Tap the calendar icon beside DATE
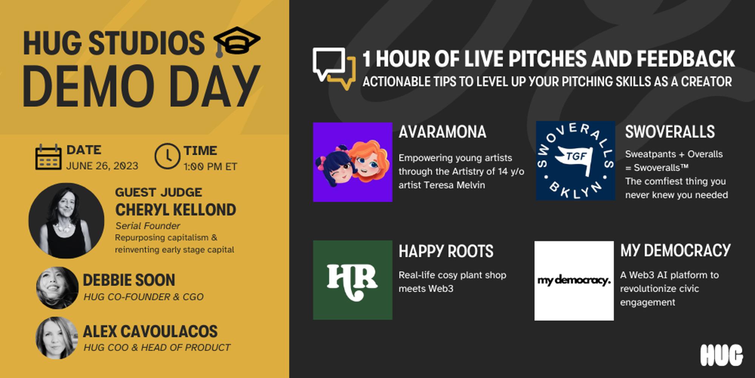tap(48, 157)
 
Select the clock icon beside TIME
tap(167, 156)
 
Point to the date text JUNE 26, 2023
tap(102, 166)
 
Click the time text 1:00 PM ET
tap(210, 166)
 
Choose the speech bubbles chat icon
tap(334, 68)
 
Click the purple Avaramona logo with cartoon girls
tap(353, 162)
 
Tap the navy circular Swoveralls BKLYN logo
tap(575, 161)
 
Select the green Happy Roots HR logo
tap(353, 280)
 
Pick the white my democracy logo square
tap(574, 281)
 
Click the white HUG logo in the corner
tap(721, 355)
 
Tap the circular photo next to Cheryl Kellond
tap(66, 221)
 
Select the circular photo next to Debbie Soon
tap(57, 288)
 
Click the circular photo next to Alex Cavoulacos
tap(57, 338)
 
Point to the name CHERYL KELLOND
tap(176, 210)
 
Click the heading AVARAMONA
tap(442, 132)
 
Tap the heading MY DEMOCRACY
tap(675, 250)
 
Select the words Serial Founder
tap(148, 226)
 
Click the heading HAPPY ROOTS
tap(446, 251)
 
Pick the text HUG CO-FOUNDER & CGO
tap(143, 297)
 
